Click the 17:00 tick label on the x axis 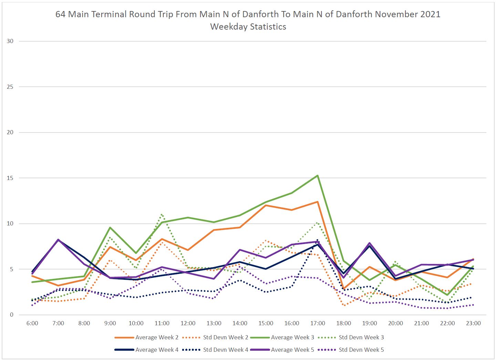coord(318,324)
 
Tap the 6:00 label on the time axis coord(32,324)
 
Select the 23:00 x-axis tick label coord(473,324)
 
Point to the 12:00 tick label coord(188,324)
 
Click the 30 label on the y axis coord(10,41)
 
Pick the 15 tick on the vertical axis coord(10,178)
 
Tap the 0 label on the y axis coord(12,315)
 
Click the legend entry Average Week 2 coord(157,338)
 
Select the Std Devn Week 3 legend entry coord(361,338)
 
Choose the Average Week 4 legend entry coord(157,350)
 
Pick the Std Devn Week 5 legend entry coord(361,350)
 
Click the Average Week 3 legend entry coord(292,338)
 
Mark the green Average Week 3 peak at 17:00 coord(318,176)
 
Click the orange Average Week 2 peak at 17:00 coord(318,202)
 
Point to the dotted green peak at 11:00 coord(162,214)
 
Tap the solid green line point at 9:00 coord(110,227)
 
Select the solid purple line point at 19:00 coord(370,243)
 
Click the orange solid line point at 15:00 coord(266,205)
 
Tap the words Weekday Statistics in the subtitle coord(248,27)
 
